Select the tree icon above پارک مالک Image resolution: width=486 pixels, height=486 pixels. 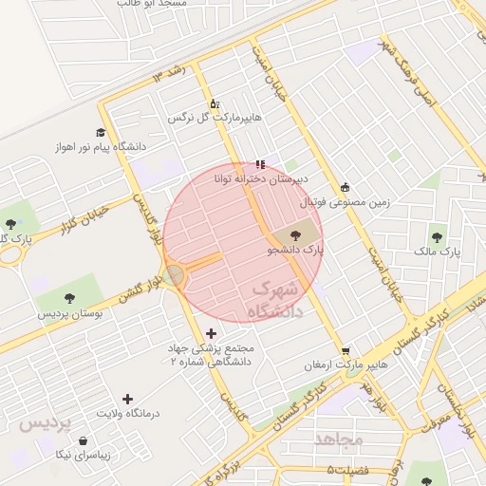[437, 237]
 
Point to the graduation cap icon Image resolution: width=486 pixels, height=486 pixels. [101, 133]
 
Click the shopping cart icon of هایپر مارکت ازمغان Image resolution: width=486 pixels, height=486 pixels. [346, 350]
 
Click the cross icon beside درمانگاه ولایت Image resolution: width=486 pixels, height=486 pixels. [128, 399]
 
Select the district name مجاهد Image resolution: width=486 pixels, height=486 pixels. [339, 439]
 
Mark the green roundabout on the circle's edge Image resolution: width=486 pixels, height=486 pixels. [174, 275]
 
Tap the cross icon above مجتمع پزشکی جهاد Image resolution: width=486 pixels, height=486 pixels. [211, 333]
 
